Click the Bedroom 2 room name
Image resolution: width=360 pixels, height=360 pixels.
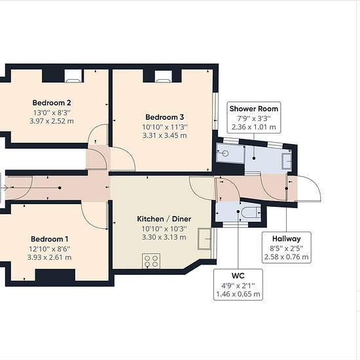click(52, 103)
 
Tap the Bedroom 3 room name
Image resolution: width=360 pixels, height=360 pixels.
click(164, 117)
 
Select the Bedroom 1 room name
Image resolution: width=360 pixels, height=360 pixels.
click(49, 239)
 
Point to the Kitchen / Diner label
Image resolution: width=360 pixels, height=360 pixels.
click(164, 219)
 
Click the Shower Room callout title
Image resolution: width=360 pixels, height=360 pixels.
click(254, 109)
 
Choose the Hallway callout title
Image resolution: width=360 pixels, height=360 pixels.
click(286, 239)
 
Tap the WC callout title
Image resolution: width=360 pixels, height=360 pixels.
click(238, 276)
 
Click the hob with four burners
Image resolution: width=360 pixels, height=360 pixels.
click(151, 261)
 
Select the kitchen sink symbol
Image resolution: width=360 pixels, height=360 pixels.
click(204, 239)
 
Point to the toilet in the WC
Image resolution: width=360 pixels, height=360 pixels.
click(251, 212)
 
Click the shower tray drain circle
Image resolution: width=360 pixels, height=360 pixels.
click(225, 153)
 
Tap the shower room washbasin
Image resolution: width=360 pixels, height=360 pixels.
click(287, 161)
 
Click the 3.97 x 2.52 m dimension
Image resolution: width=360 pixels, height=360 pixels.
click(52, 121)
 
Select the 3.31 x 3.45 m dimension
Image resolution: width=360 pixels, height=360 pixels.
click(164, 135)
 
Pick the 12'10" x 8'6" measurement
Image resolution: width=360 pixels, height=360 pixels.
click(49, 249)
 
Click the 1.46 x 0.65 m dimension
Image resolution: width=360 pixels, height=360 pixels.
click(238, 294)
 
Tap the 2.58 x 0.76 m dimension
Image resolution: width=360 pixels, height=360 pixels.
click(286, 257)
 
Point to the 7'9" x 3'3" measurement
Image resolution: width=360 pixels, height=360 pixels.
click(254, 118)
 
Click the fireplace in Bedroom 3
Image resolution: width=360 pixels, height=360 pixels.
click(163, 76)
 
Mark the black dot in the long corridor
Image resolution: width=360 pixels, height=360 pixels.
click(60, 188)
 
